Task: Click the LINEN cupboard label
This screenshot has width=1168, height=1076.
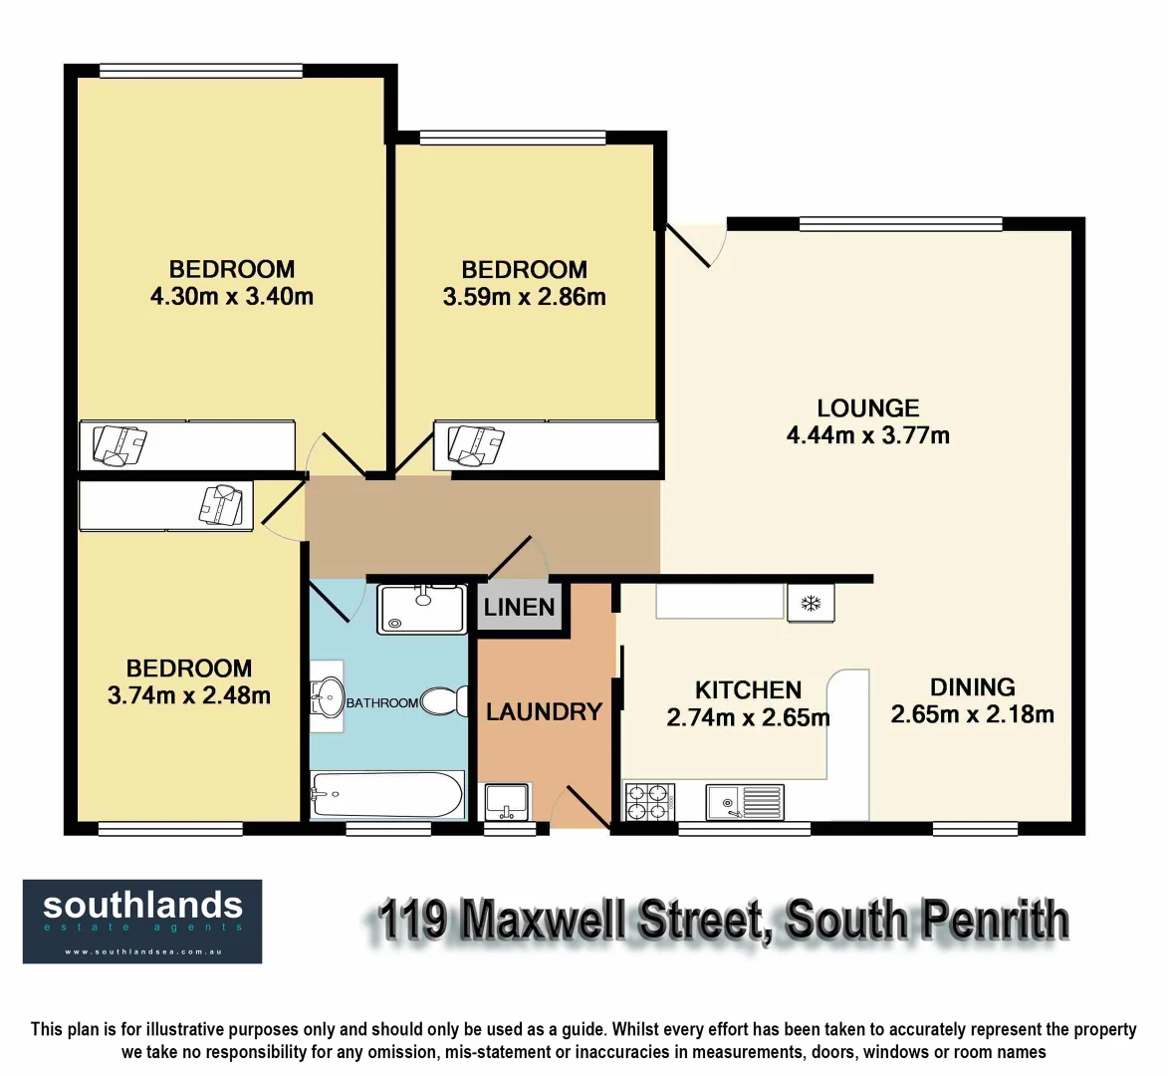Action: point(519,607)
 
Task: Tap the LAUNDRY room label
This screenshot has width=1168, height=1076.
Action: point(544,711)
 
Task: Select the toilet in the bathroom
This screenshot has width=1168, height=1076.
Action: point(446,701)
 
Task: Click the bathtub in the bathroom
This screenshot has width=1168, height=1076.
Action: point(386,795)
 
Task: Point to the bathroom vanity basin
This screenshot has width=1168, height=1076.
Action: point(327,696)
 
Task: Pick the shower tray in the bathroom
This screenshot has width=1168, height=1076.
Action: point(421,609)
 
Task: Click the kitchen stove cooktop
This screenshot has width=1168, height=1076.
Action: point(648,801)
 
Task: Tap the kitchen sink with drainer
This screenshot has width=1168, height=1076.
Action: point(745,801)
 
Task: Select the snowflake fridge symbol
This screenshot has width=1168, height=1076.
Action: point(810,604)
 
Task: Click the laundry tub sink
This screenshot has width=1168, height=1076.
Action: point(507,801)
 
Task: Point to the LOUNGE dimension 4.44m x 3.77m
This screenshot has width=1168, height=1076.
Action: point(867,435)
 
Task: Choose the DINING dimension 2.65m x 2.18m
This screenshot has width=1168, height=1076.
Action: point(972,714)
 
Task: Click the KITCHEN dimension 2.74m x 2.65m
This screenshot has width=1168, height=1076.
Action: point(748,717)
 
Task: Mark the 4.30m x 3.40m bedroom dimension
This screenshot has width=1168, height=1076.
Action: point(231,296)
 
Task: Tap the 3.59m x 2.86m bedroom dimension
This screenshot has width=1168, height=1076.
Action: point(524,297)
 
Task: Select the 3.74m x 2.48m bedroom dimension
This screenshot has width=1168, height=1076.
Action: point(188,695)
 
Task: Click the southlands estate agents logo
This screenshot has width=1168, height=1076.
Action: point(142,921)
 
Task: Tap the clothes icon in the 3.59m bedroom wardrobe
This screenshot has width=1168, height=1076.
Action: point(474,444)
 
